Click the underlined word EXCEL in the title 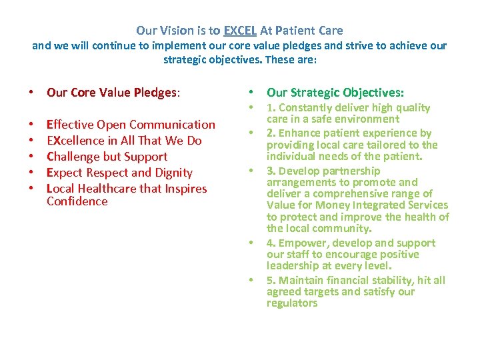(x=239, y=31)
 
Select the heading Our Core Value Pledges (x=113, y=93)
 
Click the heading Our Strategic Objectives (x=335, y=93)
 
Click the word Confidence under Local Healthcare (x=77, y=201)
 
